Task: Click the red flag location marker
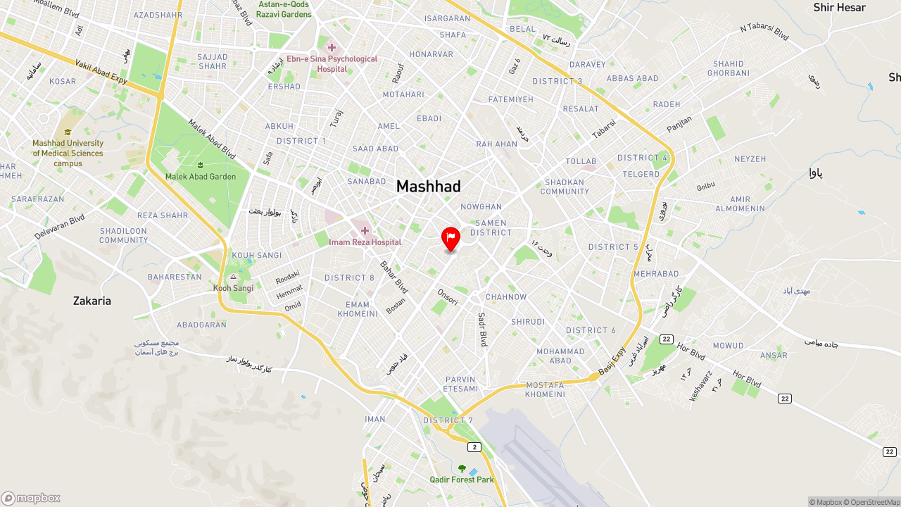pos(450,239)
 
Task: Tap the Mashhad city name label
pos(428,187)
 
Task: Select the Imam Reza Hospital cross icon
pos(365,231)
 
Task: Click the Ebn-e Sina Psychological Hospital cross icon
pos(332,48)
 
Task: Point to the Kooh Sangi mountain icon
pos(234,277)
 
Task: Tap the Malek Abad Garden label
pos(201,177)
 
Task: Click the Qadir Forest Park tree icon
pos(462,468)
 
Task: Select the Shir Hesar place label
pos(839,8)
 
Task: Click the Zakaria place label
pos(92,301)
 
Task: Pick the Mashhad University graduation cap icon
pos(68,132)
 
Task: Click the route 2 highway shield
pos(474,447)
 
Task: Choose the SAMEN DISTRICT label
pos(491,227)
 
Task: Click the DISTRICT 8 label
pos(349,278)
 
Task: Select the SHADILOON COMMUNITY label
pos(124,235)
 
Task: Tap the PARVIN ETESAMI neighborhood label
pos(461,384)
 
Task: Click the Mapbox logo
pos(31,499)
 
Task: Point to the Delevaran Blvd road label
pos(59,227)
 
